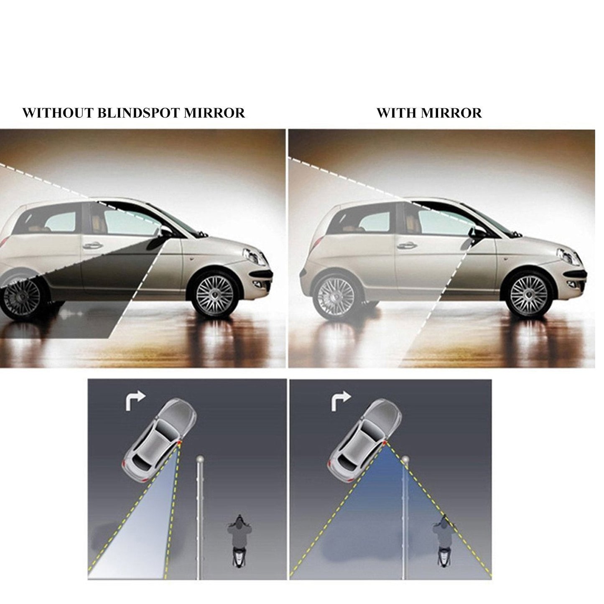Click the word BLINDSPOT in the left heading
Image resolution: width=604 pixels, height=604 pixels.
tap(140, 113)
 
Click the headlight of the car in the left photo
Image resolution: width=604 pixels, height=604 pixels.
tap(252, 255)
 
